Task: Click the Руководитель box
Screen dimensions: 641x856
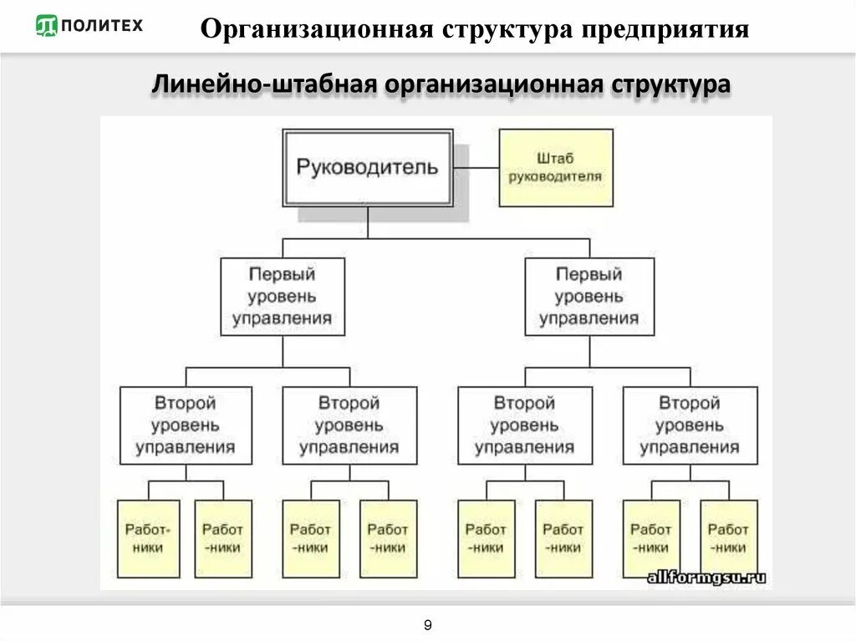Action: [x=368, y=167]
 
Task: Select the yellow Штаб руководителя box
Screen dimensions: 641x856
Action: [x=555, y=168]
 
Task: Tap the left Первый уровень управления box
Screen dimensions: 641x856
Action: [x=283, y=297]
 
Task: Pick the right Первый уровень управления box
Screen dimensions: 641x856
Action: [x=589, y=297]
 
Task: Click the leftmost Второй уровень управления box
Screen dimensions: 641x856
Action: [x=186, y=425]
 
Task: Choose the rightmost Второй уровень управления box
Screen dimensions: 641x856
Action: [x=690, y=425]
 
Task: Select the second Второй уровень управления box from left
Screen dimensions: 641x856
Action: [x=349, y=425]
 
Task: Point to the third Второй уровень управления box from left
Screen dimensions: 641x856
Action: [x=525, y=425]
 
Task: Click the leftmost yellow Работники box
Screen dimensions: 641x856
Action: [x=148, y=539]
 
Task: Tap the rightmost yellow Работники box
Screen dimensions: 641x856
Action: [x=728, y=539]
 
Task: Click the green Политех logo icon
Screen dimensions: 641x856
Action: [x=47, y=26]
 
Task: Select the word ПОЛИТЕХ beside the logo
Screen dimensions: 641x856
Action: [x=102, y=26]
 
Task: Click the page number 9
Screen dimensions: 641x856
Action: [x=428, y=625]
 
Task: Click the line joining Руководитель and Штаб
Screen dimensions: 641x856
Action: [x=476, y=167]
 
